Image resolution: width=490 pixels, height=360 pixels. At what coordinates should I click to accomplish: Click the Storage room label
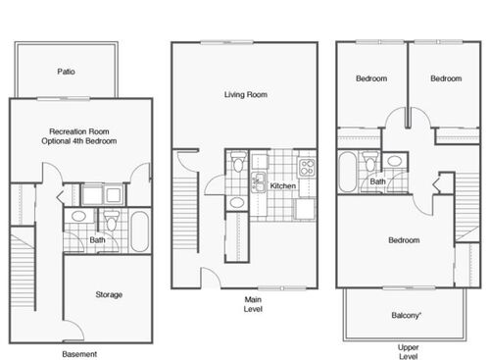[x=109, y=293]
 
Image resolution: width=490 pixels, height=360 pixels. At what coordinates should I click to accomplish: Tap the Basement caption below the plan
[x=79, y=352]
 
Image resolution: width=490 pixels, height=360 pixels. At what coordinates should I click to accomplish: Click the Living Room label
[x=245, y=95]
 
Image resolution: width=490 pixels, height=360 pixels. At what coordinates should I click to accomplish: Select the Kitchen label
[x=283, y=185]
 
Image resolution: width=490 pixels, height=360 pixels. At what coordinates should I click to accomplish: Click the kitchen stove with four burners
[x=306, y=166]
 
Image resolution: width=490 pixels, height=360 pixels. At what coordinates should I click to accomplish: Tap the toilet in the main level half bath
[x=237, y=202]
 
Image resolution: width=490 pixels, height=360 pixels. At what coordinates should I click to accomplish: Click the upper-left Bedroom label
[x=371, y=78]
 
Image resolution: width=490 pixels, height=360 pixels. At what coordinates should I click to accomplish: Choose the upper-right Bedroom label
[x=446, y=78]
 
